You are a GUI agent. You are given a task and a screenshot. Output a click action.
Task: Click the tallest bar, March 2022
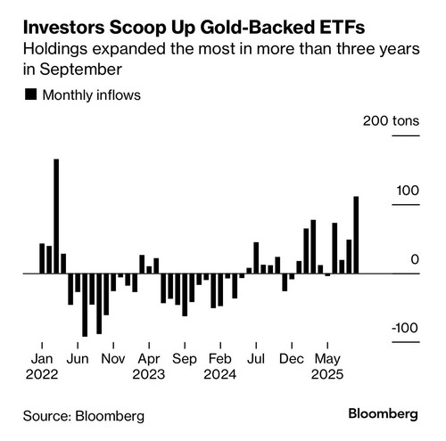[56, 216]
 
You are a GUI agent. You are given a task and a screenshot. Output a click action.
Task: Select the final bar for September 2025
[356, 235]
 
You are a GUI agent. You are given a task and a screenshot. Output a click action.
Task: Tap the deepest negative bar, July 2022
[85, 305]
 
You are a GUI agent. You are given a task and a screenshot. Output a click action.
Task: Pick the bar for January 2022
[42, 258]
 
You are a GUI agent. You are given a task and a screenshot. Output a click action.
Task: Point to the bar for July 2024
[256, 257]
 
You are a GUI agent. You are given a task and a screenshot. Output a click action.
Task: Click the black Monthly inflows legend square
[31, 94]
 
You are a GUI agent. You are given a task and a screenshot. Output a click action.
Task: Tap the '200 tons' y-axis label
[391, 121]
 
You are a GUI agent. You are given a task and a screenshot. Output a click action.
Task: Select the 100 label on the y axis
[408, 191]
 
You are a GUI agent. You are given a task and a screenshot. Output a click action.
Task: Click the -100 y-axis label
[405, 328]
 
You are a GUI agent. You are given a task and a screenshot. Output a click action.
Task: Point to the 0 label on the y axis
[415, 259]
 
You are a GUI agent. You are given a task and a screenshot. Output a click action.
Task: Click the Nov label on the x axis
[113, 359]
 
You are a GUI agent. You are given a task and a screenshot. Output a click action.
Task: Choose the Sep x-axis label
[185, 359]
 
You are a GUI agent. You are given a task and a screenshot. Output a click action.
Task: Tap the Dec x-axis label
[292, 359]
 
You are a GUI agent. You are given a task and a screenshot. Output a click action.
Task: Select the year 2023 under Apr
[149, 374]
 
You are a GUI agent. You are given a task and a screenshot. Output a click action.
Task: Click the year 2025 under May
[327, 374]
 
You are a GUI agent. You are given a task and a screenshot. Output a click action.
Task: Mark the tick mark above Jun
[78, 346]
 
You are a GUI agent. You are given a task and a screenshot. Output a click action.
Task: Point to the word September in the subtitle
[80, 70]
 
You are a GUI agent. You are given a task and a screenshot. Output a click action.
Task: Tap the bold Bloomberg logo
[384, 414]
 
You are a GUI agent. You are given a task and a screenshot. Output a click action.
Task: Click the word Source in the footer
[47, 416]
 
